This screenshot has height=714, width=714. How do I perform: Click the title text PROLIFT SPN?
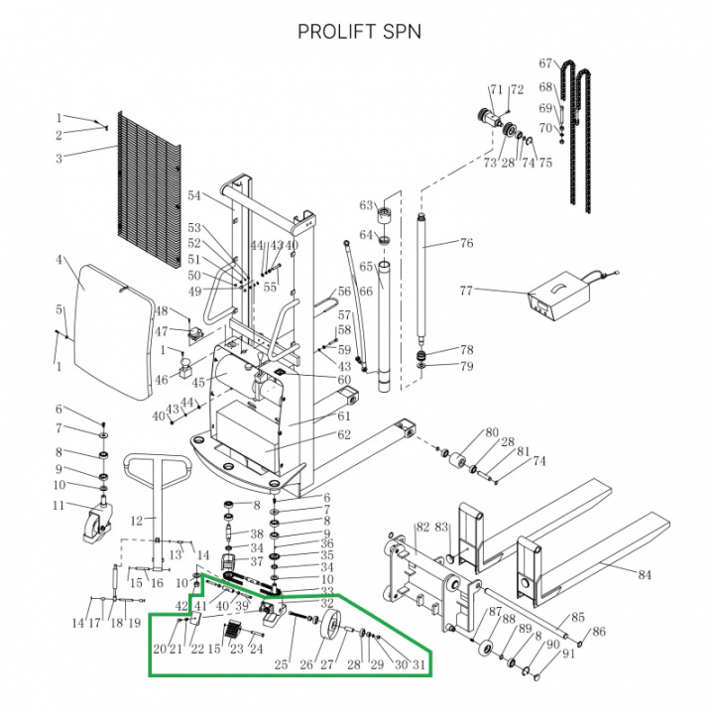pyautogui.click(x=359, y=32)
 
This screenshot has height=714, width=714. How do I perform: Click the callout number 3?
pyautogui.click(x=59, y=158)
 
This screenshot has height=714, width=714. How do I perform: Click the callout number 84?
pyautogui.click(x=645, y=573)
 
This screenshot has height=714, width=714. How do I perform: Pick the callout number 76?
pyautogui.click(x=466, y=243)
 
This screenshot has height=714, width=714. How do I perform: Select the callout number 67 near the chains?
pyautogui.click(x=545, y=64)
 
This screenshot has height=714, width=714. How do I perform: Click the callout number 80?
pyautogui.click(x=491, y=432)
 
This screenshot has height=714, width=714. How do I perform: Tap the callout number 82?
pyautogui.click(x=421, y=529)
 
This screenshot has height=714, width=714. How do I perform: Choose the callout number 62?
pyautogui.click(x=344, y=434)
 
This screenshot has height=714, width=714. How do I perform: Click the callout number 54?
pyautogui.click(x=194, y=195)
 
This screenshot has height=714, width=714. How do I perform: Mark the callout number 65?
pyautogui.click(x=365, y=267)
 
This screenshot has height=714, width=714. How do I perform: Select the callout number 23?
pyautogui.click(x=236, y=650)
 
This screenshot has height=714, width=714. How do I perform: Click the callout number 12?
pyautogui.click(x=138, y=520)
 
